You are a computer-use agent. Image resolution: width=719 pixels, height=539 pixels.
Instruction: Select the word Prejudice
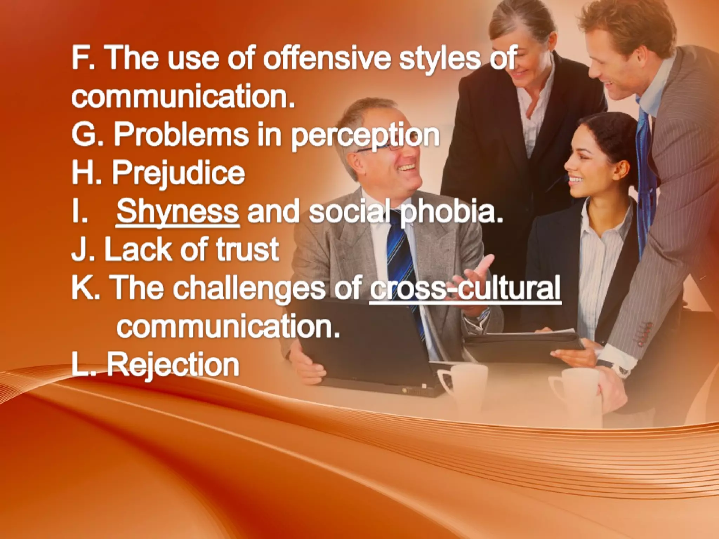(178, 173)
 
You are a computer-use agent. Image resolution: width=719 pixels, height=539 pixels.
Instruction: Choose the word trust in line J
(247, 249)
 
